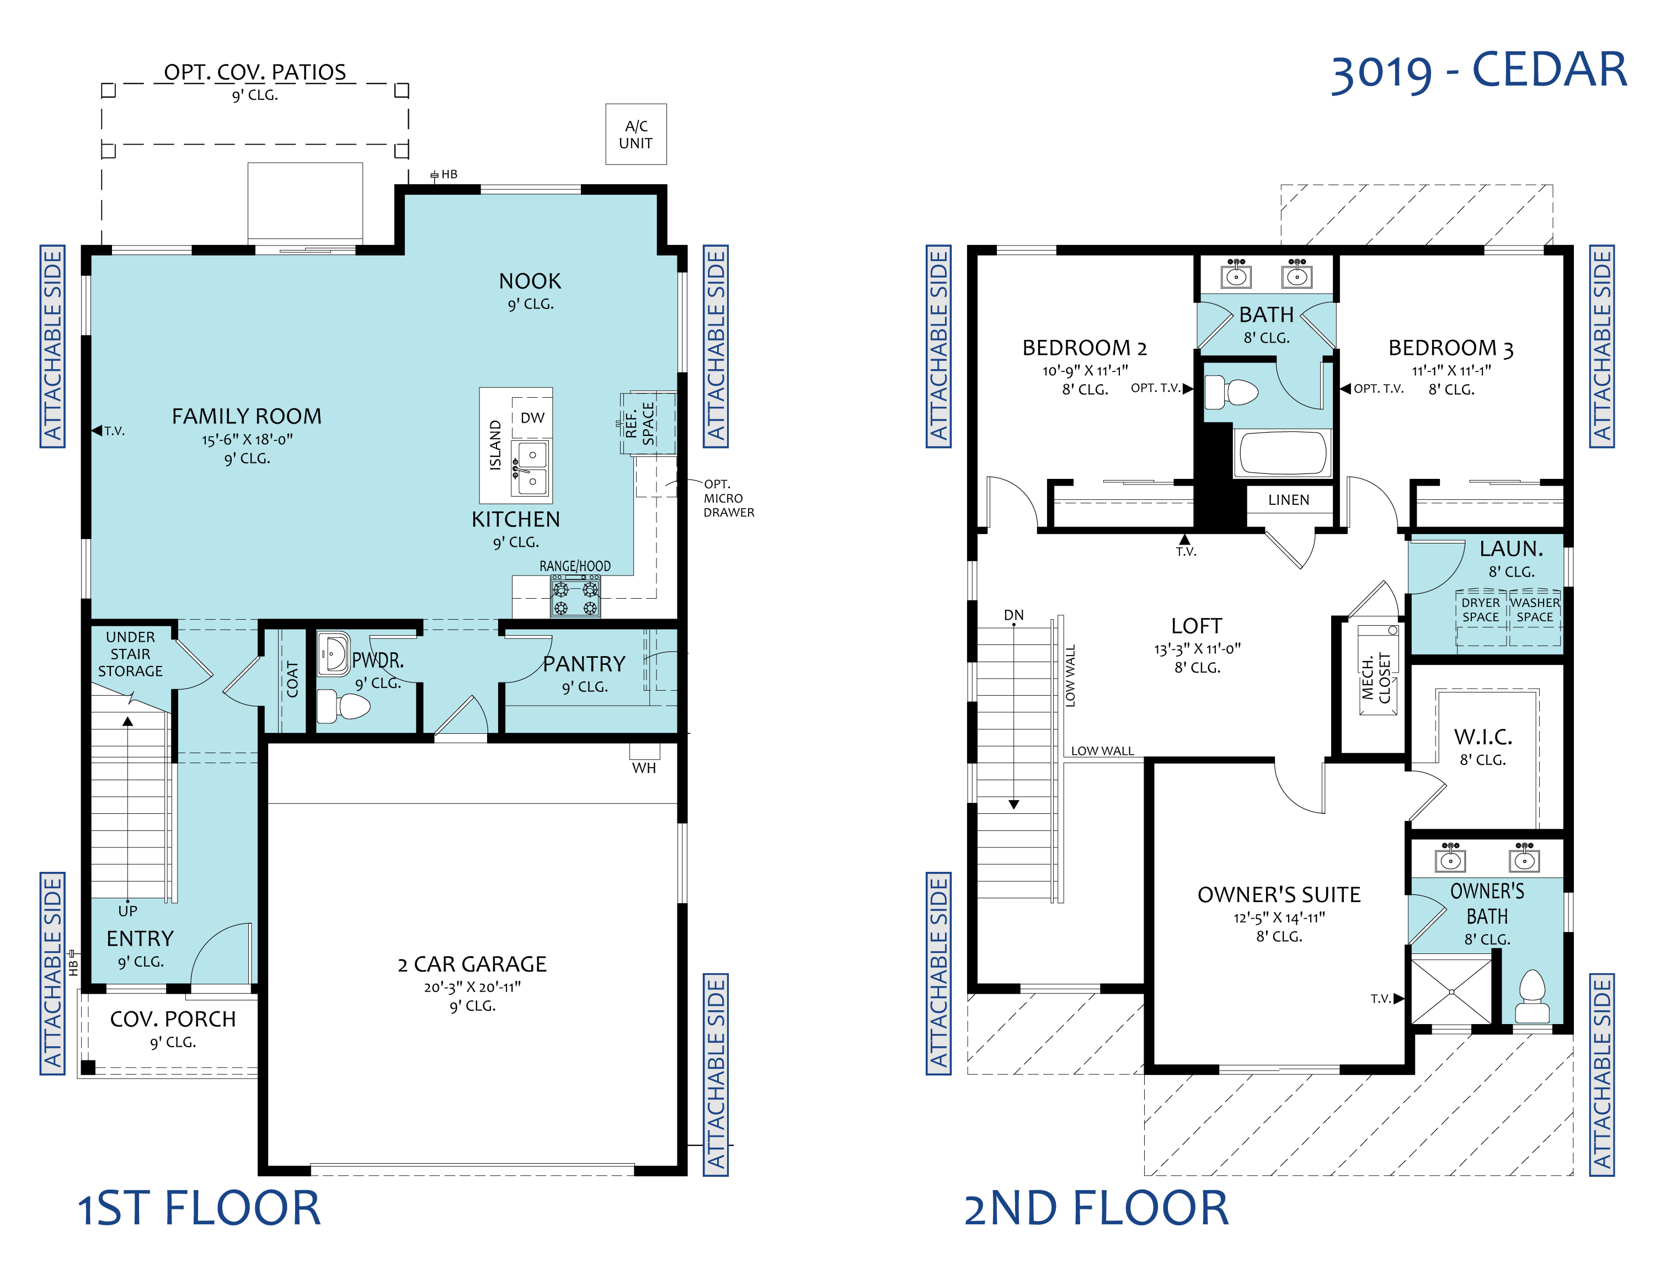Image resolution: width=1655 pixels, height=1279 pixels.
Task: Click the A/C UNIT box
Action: (636, 134)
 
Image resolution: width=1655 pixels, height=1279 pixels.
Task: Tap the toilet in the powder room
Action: (343, 706)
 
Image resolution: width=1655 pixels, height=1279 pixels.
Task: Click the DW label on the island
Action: (533, 418)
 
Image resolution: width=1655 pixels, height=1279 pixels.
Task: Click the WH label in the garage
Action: (644, 768)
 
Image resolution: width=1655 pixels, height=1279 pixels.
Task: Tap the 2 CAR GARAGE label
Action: (472, 964)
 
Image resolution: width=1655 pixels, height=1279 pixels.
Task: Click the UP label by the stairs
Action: (127, 911)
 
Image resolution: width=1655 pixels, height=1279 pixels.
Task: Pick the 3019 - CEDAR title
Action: (1478, 71)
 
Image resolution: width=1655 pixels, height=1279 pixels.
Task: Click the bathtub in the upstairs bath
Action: (1282, 453)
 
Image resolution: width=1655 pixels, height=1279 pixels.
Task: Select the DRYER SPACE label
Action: (1481, 610)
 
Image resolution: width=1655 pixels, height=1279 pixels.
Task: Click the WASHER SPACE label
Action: (1535, 610)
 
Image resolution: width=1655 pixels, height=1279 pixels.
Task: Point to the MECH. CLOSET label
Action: (1376, 678)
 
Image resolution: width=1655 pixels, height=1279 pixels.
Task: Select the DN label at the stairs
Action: (1014, 615)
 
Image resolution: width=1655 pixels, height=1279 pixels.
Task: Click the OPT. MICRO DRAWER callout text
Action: (728, 498)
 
